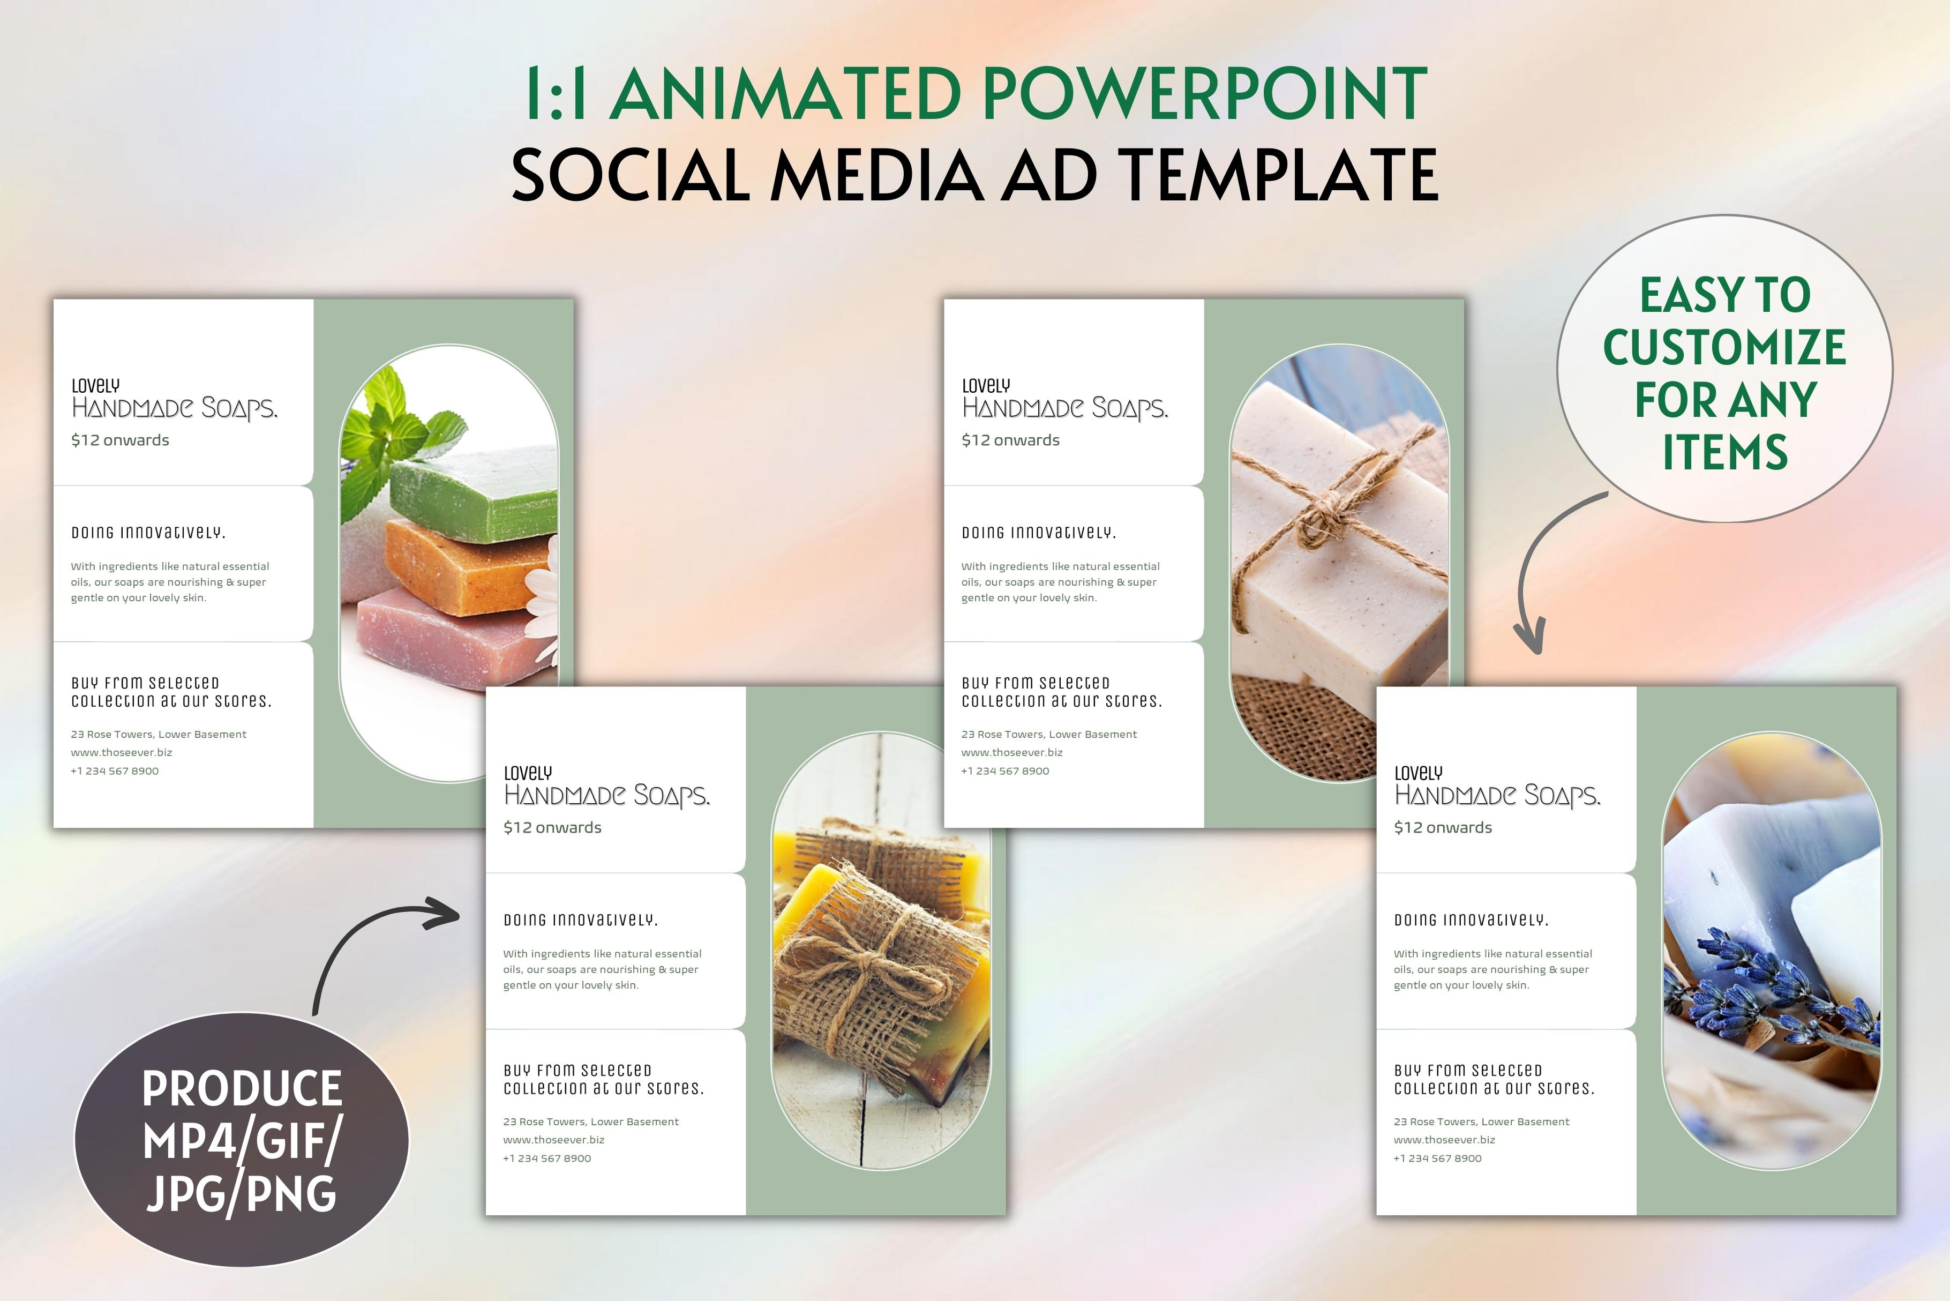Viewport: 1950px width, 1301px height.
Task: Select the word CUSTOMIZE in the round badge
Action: pos(1724,347)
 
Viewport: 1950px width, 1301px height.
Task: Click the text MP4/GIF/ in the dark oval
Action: pos(242,1140)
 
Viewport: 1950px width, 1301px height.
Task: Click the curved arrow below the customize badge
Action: pos(1543,572)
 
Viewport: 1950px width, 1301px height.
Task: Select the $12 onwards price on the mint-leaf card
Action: pos(121,440)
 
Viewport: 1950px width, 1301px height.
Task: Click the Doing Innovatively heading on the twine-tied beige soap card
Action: pos(1038,533)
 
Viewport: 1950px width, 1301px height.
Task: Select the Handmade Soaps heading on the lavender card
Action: pos(1497,796)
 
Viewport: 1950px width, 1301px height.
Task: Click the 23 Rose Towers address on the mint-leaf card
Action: pos(159,734)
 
